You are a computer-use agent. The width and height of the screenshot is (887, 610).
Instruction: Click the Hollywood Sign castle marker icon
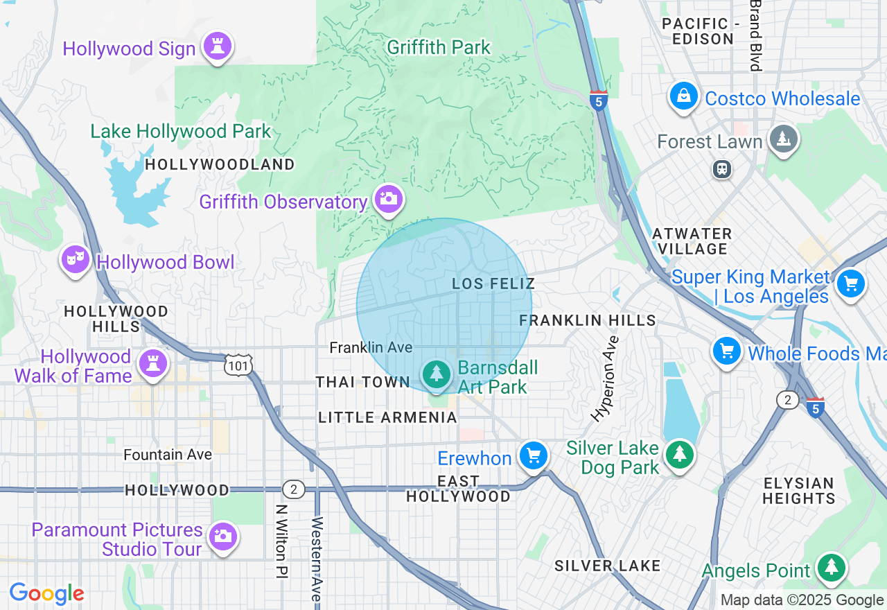coord(218,47)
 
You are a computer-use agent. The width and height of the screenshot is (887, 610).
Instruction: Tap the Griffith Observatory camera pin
coord(388,200)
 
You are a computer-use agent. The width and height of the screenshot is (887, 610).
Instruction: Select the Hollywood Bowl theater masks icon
coord(75,260)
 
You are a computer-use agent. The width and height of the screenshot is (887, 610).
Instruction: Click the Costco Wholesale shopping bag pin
coord(683,96)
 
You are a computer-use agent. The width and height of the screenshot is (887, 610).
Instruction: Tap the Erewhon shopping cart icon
coord(533,455)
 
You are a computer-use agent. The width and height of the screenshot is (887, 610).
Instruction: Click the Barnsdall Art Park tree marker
coord(437,374)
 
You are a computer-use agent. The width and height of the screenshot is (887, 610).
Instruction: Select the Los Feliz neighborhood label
coord(493,284)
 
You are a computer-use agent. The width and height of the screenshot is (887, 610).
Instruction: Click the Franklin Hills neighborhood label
coord(587,320)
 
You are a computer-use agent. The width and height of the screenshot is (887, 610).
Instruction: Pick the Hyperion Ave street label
coord(604,378)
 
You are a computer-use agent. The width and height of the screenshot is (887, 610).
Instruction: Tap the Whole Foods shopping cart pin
coord(727,351)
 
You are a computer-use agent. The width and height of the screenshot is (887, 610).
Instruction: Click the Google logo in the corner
coord(47,593)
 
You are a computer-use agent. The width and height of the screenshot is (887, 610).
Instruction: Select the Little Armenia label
coord(387,417)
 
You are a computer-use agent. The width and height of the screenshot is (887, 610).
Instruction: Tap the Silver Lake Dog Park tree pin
coord(680,455)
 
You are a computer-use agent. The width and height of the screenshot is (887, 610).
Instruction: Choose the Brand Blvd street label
coord(755,35)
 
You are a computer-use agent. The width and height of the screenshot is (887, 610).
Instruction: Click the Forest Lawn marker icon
coord(784,139)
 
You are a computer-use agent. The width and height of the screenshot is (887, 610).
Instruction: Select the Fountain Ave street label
coord(168,455)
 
